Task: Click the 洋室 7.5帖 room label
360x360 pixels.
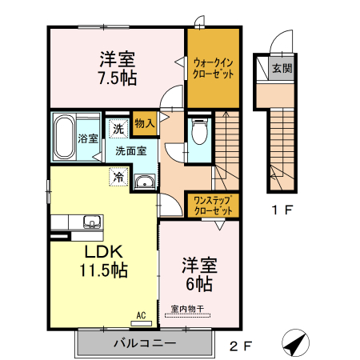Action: point(117,67)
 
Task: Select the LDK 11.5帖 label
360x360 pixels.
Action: point(102,261)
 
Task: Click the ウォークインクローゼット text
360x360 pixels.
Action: point(213,67)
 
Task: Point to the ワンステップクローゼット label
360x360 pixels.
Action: point(213,206)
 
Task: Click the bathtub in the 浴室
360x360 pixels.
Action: point(64,135)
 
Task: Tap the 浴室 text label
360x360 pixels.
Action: point(88,138)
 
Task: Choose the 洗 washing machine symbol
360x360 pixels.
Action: point(118,128)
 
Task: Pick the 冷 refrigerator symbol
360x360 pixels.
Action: point(118,177)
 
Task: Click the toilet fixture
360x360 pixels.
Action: point(199,131)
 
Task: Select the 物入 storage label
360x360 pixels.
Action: point(145,123)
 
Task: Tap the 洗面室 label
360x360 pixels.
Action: point(130,150)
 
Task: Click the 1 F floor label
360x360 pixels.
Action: point(276,211)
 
